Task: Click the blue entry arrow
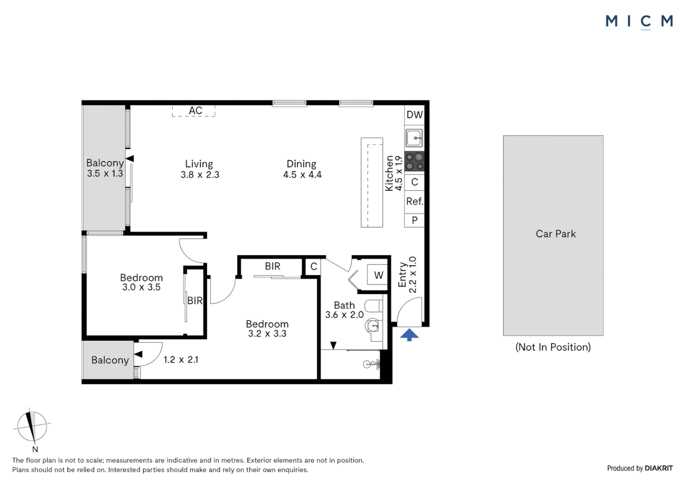pyautogui.click(x=409, y=335)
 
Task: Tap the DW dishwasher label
pyautogui.click(x=414, y=115)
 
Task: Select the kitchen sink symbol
pyautogui.click(x=414, y=138)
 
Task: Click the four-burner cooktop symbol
pyautogui.click(x=414, y=162)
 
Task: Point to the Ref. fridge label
pyautogui.click(x=414, y=202)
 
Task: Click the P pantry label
pyautogui.click(x=414, y=220)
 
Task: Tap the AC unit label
pyautogui.click(x=195, y=111)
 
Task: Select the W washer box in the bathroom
pyautogui.click(x=378, y=275)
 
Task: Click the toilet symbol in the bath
pyautogui.click(x=373, y=307)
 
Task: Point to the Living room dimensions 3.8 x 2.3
pyautogui.click(x=200, y=175)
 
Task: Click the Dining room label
pyautogui.click(x=301, y=164)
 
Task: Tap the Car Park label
pyautogui.click(x=555, y=234)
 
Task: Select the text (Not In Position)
pyautogui.click(x=553, y=347)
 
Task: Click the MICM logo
pyautogui.click(x=639, y=22)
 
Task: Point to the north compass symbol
pyautogui.click(x=32, y=426)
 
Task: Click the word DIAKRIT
pyautogui.click(x=659, y=468)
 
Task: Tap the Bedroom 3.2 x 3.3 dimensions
pyautogui.click(x=267, y=334)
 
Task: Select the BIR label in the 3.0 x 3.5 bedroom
pyautogui.click(x=195, y=301)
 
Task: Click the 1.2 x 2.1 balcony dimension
pyautogui.click(x=181, y=360)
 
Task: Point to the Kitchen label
pyautogui.click(x=389, y=173)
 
